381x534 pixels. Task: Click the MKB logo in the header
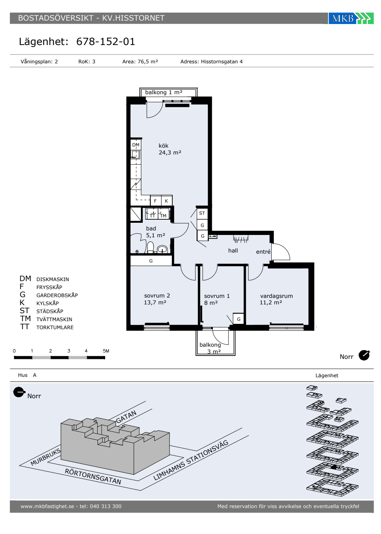tap(351, 18)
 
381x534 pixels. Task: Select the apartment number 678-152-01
tap(106, 42)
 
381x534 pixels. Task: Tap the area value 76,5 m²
tap(148, 61)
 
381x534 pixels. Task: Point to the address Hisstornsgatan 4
tap(222, 61)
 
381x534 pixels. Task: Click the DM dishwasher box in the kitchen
tap(136, 145)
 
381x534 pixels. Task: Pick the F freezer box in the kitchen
tap(155, 201)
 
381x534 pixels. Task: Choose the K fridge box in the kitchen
tap(166, 201)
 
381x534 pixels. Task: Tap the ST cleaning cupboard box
tap(202, 213)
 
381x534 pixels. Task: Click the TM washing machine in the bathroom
tap(163, 214)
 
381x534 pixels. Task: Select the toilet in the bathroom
tap(150, 247)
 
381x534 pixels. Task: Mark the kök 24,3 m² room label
tap(170, 149)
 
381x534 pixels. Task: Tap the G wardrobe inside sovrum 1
tap(239, 319)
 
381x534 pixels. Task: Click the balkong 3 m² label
tap(210, 348)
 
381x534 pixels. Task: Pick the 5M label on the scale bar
tap(106, 351)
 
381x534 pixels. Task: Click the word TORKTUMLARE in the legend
tap(55, 327)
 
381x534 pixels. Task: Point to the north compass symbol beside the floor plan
tap(364, 355)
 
